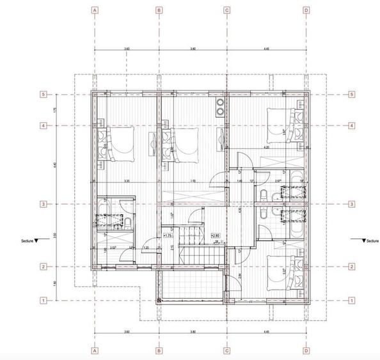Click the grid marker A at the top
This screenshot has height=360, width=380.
pos(94,10)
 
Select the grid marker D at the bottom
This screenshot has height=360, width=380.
pos(306,350)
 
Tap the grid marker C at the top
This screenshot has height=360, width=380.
pos(226,10)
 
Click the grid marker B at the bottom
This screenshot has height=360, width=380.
pos(159,350)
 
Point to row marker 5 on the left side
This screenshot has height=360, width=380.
pos(44,95)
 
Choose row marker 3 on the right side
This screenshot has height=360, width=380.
pos(352,204)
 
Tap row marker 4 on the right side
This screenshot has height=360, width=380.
pos(352,126)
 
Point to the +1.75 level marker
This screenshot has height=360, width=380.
pos(170,236)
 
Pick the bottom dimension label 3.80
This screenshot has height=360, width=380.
pos(193,333)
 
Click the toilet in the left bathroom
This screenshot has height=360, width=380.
pos(128,222)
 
